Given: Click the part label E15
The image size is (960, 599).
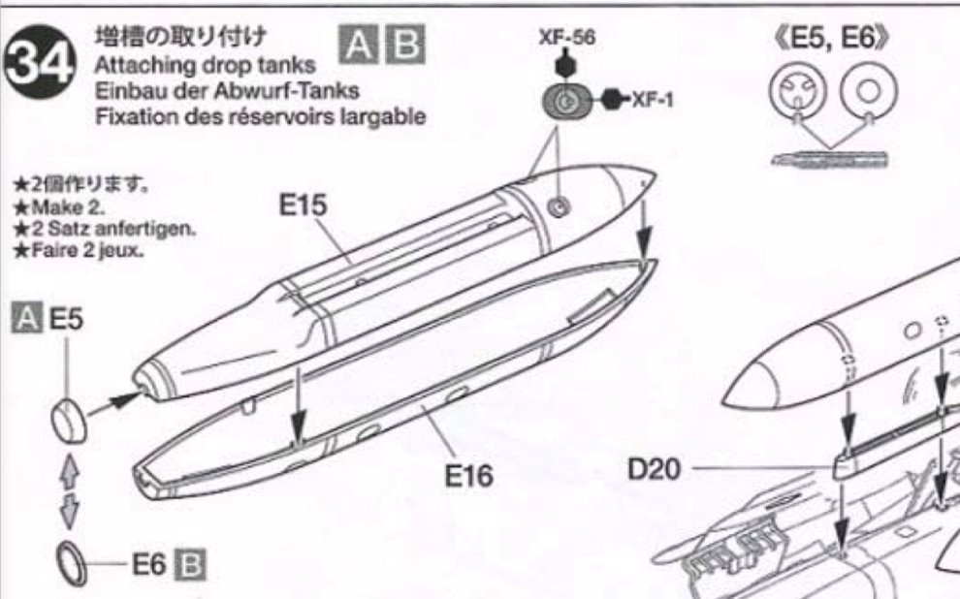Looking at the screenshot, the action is (304, 205).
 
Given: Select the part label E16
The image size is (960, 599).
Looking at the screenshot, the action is (468, 475).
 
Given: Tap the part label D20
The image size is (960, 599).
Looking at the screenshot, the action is (654, 469).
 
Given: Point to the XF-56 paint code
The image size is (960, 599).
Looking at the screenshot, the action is (566, 38).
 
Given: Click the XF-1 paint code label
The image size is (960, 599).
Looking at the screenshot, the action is (653, 99).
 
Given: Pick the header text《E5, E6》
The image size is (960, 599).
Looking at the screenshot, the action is (831, 38).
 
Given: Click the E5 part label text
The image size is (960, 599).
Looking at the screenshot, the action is (66, 320).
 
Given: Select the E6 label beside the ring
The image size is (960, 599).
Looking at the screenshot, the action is (148, 565).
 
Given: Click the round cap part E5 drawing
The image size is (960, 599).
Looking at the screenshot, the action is (69, 421).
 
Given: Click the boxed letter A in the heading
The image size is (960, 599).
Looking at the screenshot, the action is (359, 45).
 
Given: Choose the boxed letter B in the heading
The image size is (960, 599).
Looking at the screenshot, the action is (404, 45).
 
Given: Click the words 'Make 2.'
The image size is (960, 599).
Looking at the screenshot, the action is (68, 206).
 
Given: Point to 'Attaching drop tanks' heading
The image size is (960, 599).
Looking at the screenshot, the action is (205, 65).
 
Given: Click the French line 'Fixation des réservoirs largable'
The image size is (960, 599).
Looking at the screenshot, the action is (260, 115).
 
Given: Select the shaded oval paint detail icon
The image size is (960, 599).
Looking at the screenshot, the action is (567, 100).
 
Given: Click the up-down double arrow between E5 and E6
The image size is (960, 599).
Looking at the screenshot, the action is (69, 491).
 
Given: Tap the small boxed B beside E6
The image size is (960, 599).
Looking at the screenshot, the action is (190, 565).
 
